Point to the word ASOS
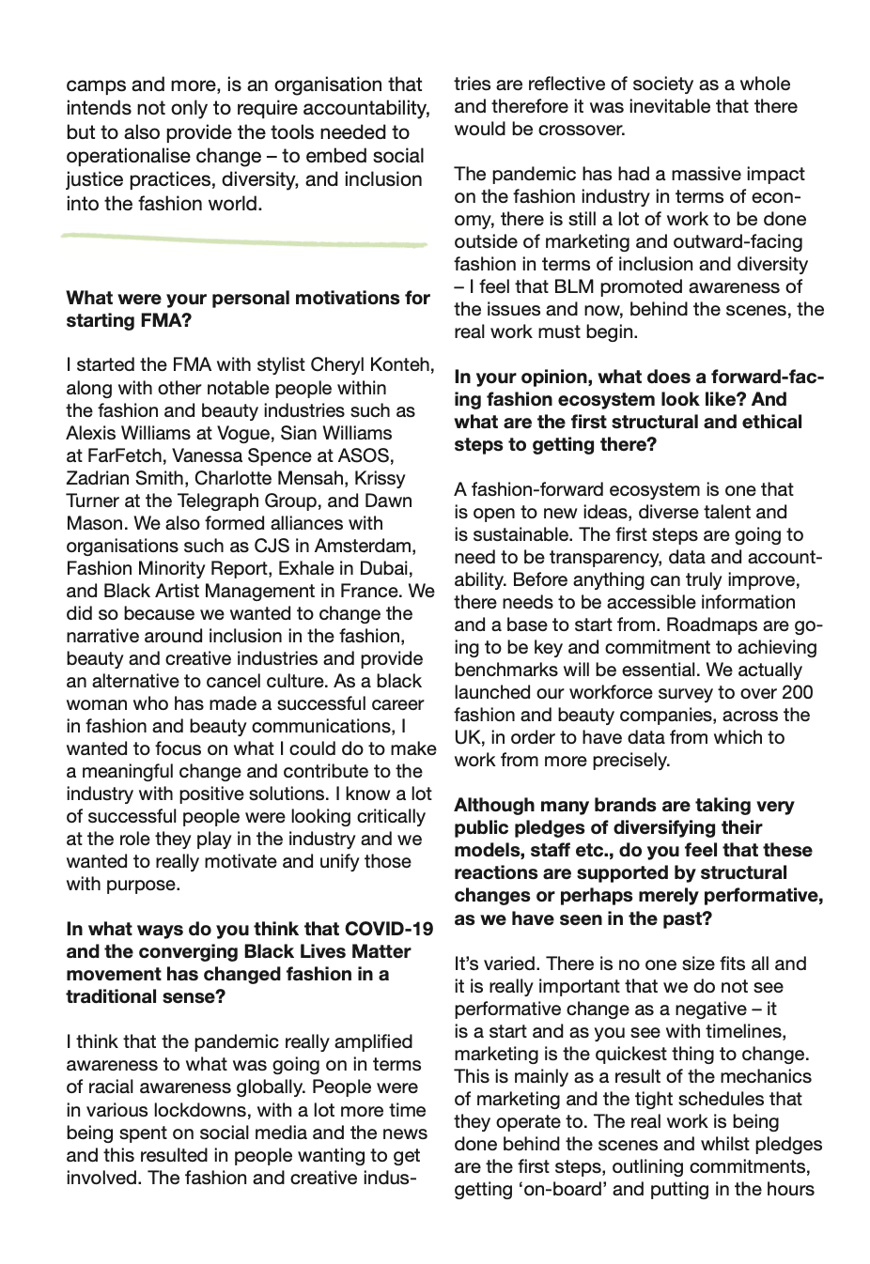click(368, 455)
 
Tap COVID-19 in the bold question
click(390, 929)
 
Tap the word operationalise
click(131, 156)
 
